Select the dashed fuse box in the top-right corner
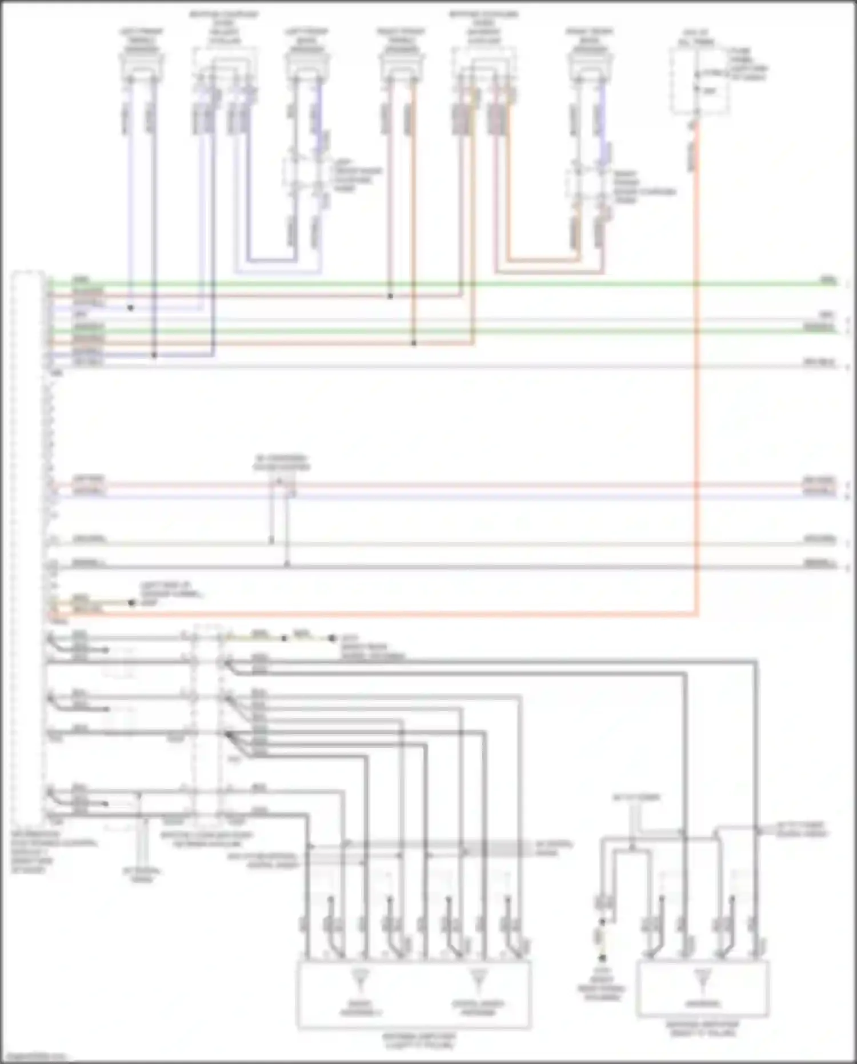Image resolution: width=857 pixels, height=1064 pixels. (x=699, y=81)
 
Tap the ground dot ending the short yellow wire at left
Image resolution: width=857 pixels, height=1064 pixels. (x=131, y=603)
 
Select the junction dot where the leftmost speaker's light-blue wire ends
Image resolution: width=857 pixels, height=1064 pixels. (x=130, y=308)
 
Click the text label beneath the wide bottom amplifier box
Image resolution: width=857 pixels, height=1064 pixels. (x=419, y=1041)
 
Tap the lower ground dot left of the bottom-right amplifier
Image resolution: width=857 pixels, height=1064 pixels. (x=602, y=958)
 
